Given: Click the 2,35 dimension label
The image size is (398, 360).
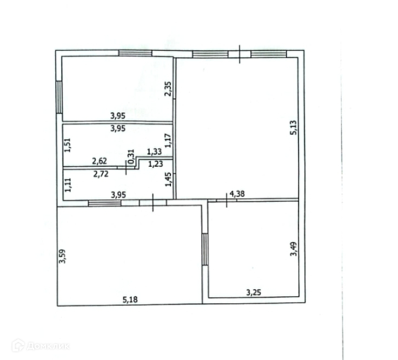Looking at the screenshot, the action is coord(168,89).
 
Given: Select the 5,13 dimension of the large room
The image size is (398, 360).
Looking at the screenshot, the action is coord(293,128).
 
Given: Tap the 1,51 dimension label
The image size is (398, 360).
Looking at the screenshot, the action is coord(68,145).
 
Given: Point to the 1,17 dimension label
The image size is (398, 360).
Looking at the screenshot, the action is coord(168,141).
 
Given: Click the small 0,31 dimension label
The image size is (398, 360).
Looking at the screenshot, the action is coord(131,156).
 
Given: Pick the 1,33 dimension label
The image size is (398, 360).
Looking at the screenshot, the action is coord(154,152).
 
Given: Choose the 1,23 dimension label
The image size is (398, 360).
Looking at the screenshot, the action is coord(155,164).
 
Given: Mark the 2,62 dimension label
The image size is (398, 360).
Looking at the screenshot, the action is coord(99,161).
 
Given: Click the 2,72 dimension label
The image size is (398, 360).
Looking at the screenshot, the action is coord(101,174).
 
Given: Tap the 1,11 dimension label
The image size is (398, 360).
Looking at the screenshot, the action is coord(68,185).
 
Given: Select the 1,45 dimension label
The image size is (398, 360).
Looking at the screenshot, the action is coord(168,179).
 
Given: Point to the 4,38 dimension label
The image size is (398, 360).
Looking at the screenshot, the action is coord(237,194).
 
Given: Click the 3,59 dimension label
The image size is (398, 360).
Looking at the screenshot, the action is coord(62,257).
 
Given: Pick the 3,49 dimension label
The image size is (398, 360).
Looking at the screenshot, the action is coord(294,249).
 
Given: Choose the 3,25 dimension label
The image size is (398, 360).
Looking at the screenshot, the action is coord(254,292).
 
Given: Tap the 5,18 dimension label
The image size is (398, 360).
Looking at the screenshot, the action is coord(130,300).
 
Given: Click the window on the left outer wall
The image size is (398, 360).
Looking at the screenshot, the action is coord(59,97).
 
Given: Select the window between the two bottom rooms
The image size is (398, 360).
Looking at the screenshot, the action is coord(205,250).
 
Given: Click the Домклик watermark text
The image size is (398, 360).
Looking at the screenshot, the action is coord(48,346).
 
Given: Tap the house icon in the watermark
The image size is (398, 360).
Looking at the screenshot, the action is coord(18,345).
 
